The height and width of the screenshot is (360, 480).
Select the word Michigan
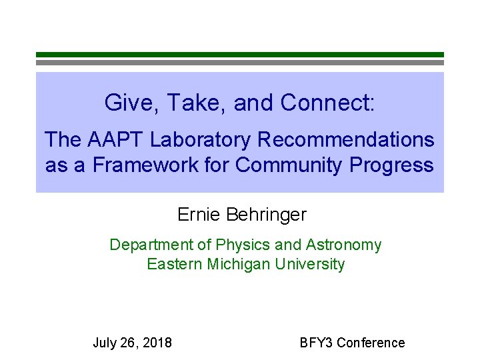240,264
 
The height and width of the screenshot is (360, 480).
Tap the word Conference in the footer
371,343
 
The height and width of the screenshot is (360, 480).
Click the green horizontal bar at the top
239,55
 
